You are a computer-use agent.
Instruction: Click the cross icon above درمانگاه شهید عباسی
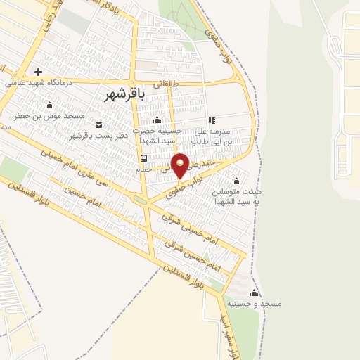pos(39,71)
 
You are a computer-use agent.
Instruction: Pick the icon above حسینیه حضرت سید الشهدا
pos(157,120)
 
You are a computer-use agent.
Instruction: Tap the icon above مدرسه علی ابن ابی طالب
pos(212,120)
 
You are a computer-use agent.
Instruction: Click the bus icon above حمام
pos(143,158)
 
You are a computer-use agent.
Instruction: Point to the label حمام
pos(143,169)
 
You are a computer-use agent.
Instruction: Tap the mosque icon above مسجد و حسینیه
pos(254,292)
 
